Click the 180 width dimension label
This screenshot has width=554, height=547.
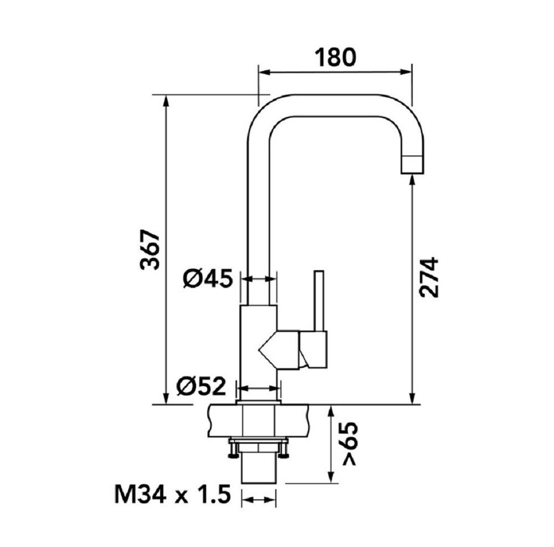click(336, 58)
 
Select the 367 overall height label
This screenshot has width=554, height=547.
click(149, 250)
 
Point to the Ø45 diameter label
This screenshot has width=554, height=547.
click(208, 279)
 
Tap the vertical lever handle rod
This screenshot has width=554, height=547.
click(319, 301)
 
